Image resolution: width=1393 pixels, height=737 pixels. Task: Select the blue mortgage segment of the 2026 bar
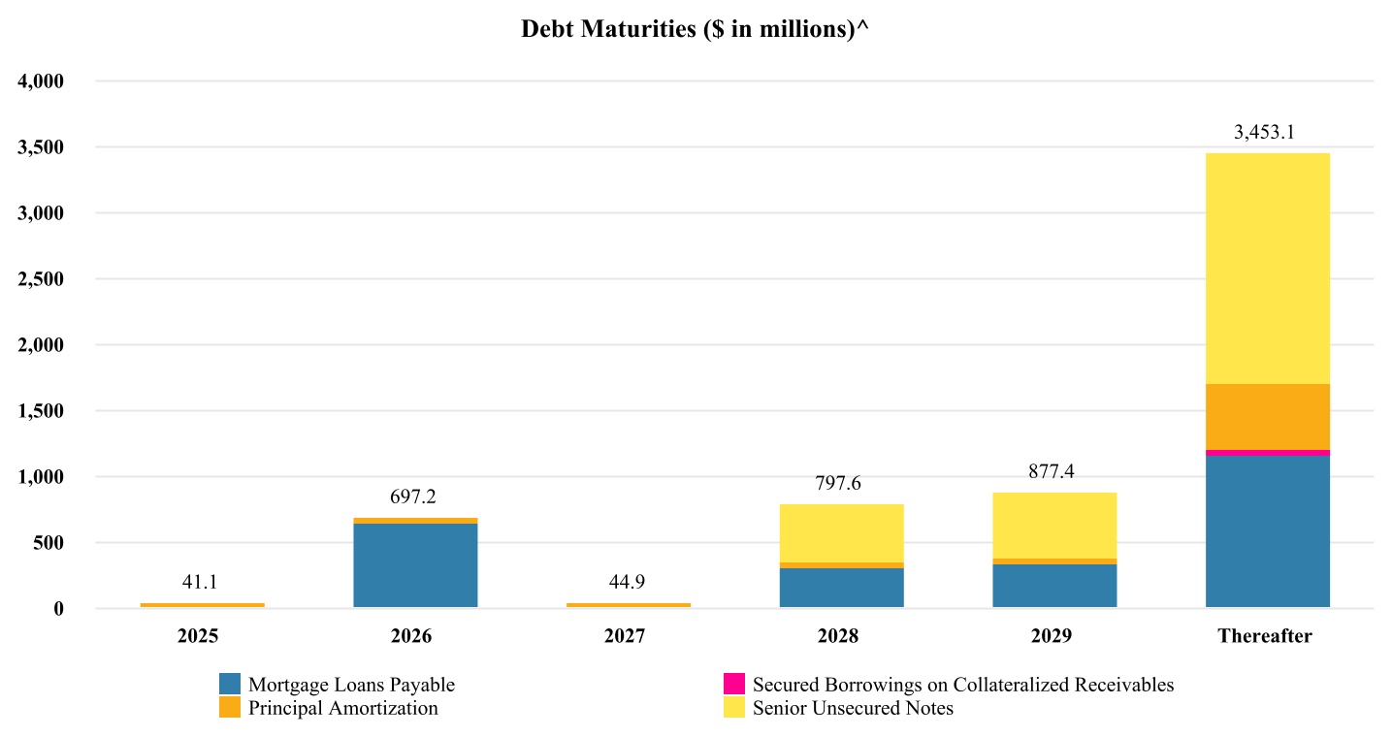pos(415,565)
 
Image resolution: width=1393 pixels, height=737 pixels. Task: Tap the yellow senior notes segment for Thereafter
pos(1267,269)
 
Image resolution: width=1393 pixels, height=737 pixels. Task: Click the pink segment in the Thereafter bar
pos(1267,453)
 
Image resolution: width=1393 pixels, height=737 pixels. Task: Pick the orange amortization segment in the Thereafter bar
pos(1267,417)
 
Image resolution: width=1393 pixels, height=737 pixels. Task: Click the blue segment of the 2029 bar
pos(1054,586)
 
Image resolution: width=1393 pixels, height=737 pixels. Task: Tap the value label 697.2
pos(413,497)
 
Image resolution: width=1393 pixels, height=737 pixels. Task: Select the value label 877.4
pos(1052,472)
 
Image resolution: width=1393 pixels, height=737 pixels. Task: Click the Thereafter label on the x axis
pos(1264,637)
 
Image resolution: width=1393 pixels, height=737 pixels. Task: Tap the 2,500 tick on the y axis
pos(41,279)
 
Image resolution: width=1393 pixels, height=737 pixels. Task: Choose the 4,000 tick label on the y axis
pos(41,81)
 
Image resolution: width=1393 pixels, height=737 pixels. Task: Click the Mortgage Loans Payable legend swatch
pos(230,684)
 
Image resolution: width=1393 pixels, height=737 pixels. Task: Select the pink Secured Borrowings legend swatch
pos(734,684)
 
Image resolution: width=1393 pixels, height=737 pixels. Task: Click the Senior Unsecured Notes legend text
pos(853,709)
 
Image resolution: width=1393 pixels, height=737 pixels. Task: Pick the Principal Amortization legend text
pos(342,709)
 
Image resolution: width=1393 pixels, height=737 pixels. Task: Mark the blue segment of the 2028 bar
pos(841,588)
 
